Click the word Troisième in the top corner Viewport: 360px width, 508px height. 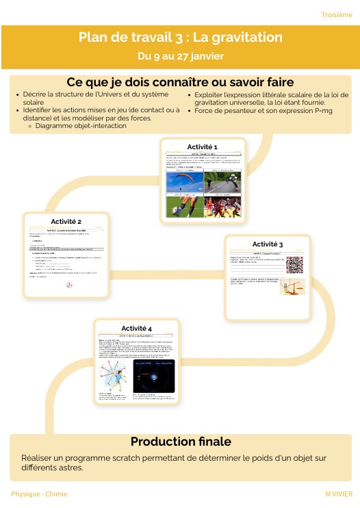click(336, 15)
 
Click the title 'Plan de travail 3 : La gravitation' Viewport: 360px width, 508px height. click(180, 37)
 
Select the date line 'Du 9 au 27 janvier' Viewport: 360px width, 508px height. click(180, 55)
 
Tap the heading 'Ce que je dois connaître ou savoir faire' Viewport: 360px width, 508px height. click(180, 82)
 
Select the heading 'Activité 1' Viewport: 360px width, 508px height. click(202, 147)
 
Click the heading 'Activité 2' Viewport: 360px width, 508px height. click(66, 222)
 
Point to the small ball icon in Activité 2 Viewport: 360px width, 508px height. click(67, 286)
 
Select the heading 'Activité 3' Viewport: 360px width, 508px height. click(268, 244)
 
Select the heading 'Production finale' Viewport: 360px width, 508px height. click(181, 441)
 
